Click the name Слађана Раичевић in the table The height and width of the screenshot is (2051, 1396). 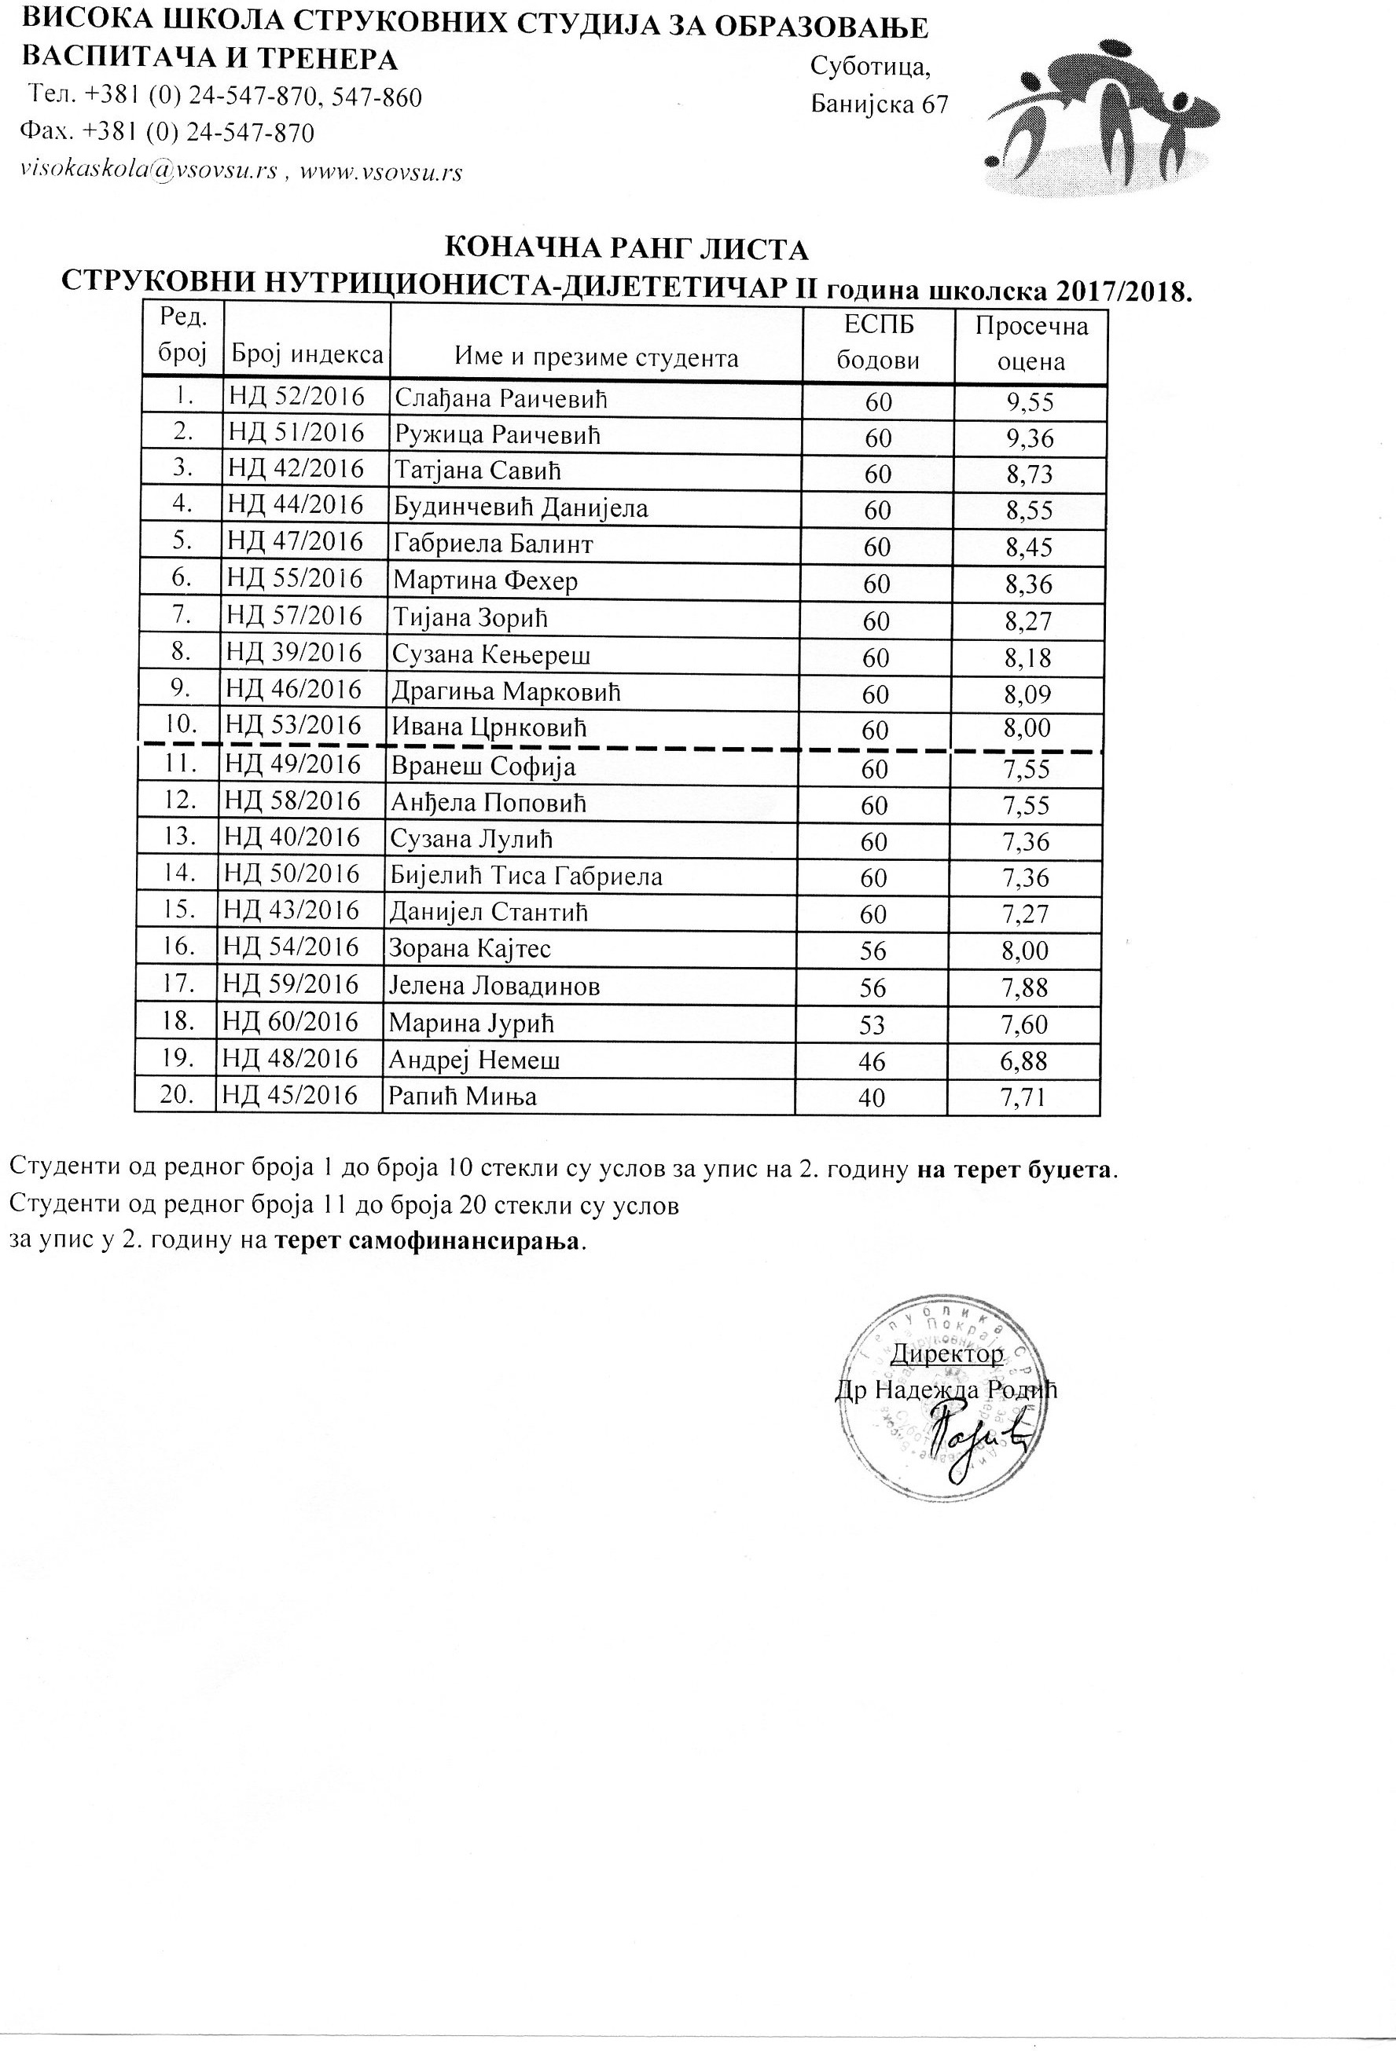[x=501, y=398]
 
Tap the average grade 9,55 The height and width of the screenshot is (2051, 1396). [x=1030, y=402]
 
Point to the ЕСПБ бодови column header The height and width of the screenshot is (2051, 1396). [x=878, y=342]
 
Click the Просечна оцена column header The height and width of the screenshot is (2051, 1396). [x=1030, y=343]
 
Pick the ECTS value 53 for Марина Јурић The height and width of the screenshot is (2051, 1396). [x=872, y=1024]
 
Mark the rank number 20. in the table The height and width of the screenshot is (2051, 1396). [x=178, y=1095]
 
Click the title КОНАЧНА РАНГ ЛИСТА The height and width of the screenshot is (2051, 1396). [x=625, y=250]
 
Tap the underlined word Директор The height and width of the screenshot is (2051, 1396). [x=946, y=1353]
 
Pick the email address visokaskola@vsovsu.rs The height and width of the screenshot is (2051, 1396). [x=148, y=171]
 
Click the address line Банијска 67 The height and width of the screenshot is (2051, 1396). [x=880, y=104]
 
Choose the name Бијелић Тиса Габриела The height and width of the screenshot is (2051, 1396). [x=527, y=877]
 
